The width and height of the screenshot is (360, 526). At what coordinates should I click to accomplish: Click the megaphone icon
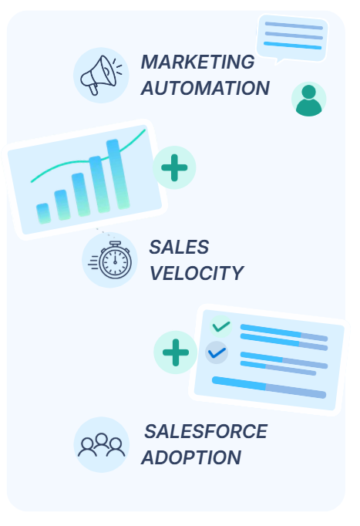point(101,75)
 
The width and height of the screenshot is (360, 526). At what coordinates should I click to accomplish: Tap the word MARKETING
point(198,62)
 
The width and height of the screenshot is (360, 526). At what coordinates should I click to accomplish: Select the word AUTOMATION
point(205,88)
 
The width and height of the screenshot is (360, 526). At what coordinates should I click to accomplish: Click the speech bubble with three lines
point(292,39)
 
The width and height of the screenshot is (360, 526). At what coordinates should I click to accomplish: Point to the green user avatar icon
point(308,99)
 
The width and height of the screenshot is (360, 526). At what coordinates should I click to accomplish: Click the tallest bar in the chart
point(118,174)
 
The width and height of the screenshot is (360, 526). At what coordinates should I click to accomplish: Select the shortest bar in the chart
point(44,214)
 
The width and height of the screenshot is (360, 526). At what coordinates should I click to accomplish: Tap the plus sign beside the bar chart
point(174,167)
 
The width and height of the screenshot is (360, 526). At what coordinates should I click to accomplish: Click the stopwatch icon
point(110,260)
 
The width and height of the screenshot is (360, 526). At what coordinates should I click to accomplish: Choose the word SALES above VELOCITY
point(179,248)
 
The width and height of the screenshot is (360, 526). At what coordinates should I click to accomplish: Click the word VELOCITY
point(197,273)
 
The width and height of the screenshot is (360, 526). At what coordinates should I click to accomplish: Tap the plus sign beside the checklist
point(176,352)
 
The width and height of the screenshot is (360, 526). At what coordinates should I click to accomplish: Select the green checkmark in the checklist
point(221,326)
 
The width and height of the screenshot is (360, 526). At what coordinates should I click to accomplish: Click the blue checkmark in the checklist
point(217,352)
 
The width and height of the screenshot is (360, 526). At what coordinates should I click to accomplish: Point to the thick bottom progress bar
point(269,387)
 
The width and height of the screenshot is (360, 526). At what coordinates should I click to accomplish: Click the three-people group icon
point(102,445)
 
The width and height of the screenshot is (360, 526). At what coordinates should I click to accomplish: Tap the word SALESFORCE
point(206,431)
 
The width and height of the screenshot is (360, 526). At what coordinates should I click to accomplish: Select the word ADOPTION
point(191,457)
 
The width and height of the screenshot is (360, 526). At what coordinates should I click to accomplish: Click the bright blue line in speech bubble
point(293,46)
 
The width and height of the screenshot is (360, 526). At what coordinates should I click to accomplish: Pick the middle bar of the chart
point(81,194)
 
